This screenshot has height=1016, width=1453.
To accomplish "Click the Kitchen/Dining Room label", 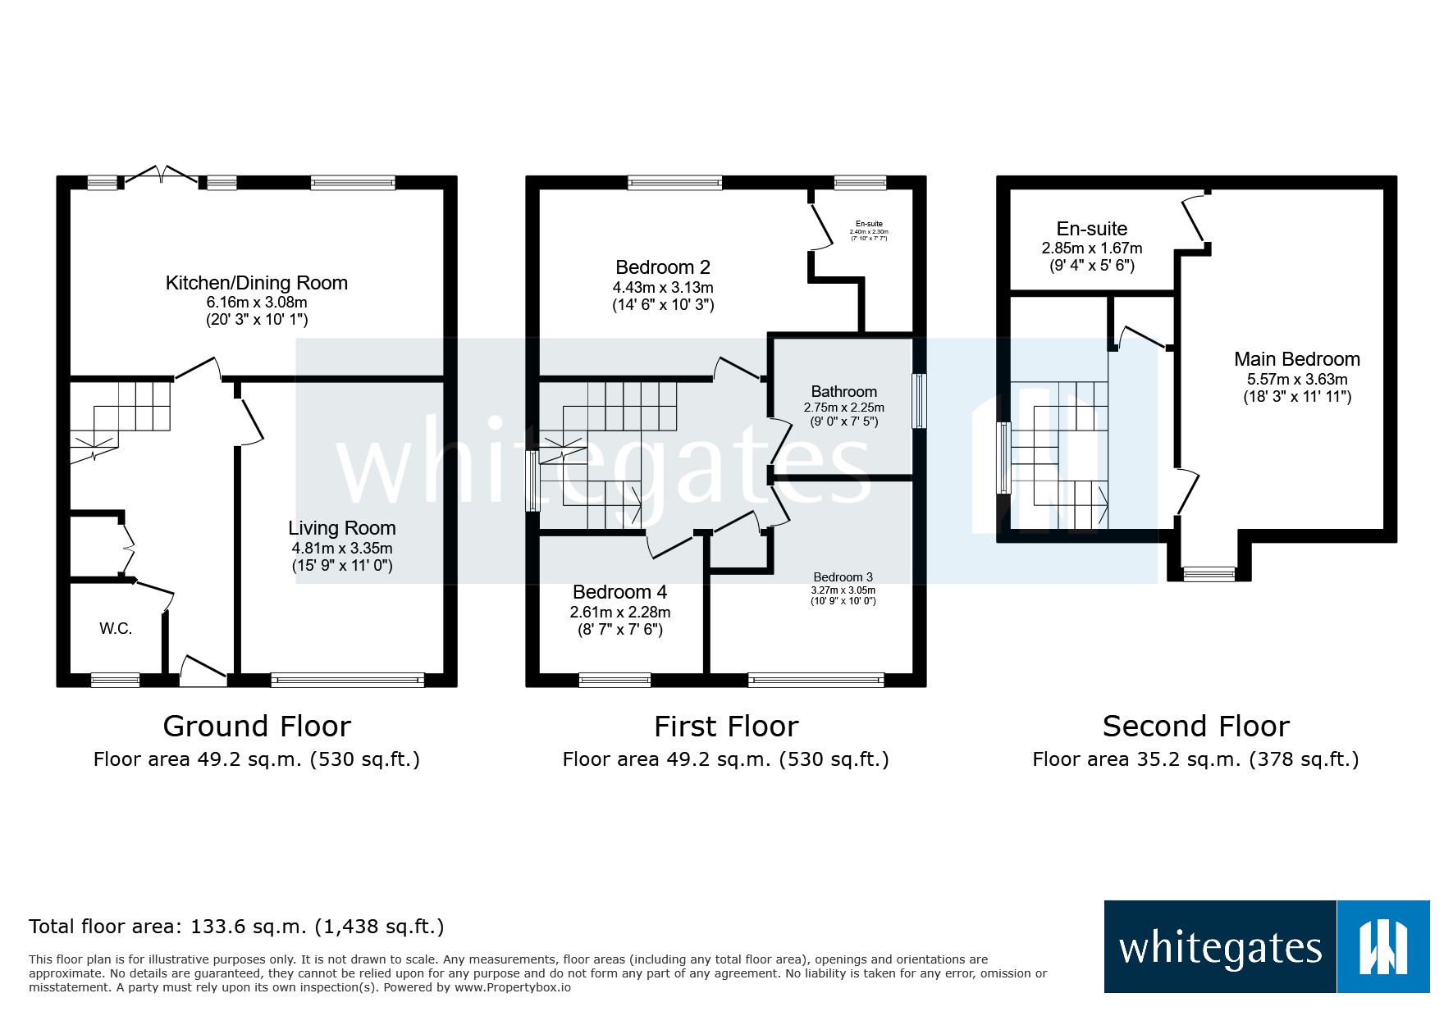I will coord(256,283).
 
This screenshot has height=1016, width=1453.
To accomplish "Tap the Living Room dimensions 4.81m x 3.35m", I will coord(341,548).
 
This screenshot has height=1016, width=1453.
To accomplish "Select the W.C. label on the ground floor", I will coord(116,628).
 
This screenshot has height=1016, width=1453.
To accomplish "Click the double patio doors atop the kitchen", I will coord(161,175).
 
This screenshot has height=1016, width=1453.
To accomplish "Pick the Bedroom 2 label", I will coord(662,267).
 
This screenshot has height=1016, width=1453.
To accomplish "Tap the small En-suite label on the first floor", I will coord(869,224).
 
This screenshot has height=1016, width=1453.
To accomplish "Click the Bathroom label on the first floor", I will coord(843,392).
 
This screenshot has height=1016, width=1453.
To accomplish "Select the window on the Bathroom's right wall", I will coord(919,401).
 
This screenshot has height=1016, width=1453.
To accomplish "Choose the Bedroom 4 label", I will coord(619,592).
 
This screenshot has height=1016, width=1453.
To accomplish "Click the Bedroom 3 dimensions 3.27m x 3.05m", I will coord(843,590).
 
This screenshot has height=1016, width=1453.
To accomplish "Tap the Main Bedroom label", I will coord(1296,359).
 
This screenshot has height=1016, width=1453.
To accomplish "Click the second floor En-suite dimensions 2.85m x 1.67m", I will coord(1091,248).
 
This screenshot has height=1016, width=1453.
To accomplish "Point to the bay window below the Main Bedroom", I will coord(1209,573).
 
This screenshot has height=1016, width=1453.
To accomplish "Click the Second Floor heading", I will coord(1195,727).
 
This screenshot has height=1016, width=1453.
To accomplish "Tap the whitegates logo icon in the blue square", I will coord(1382,947).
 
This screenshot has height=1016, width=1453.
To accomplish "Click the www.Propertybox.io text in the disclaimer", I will coord(512,987).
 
